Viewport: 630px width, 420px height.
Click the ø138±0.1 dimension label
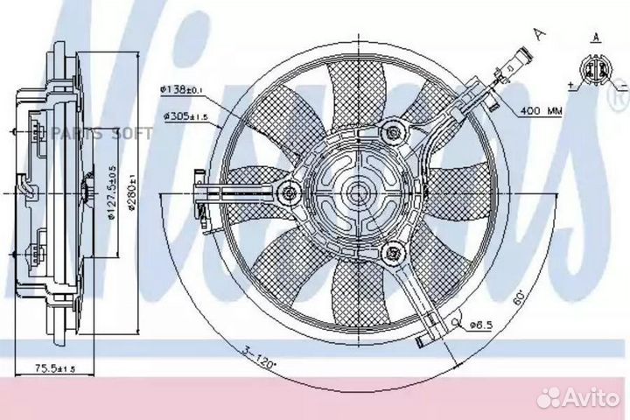[183, 89]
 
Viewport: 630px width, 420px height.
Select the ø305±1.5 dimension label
[183, 115]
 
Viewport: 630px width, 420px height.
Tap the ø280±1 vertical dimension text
[129, 190]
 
